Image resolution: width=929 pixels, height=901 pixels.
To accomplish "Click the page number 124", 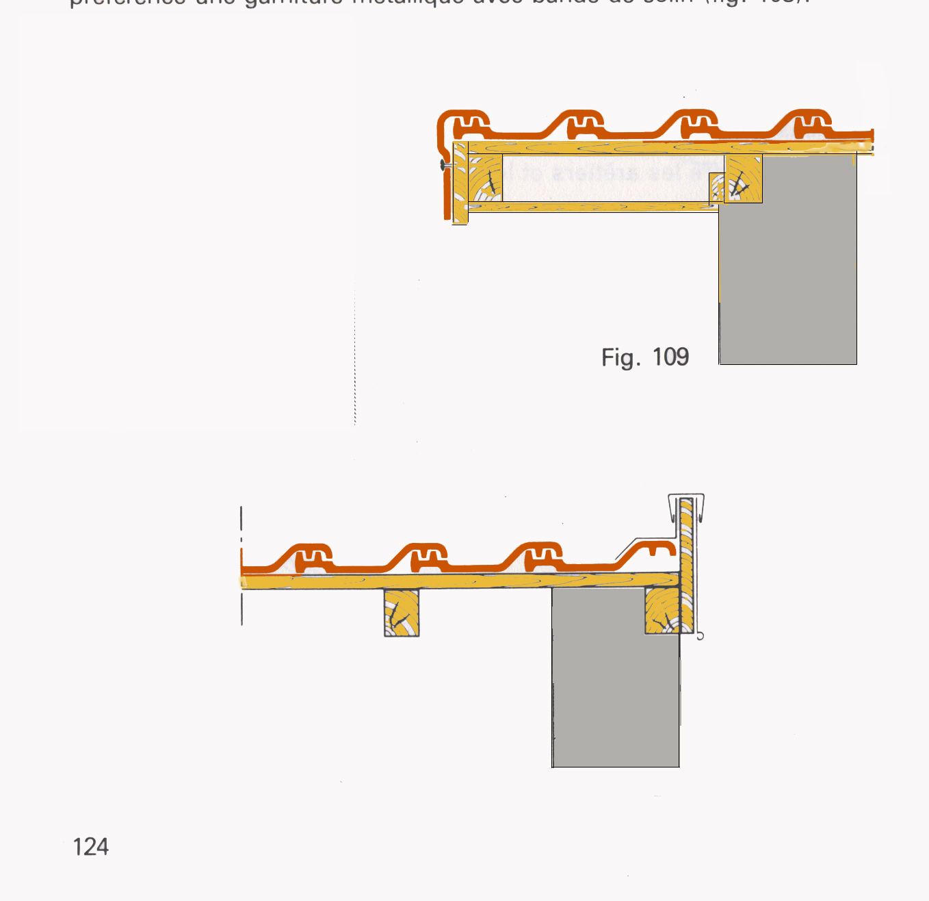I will click(90, 847).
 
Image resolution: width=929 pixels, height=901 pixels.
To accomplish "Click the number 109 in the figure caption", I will click(670, 357).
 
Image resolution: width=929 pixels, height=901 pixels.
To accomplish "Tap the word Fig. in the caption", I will click(620, 357).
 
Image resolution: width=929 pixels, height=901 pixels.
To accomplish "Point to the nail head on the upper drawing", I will click(443, 165).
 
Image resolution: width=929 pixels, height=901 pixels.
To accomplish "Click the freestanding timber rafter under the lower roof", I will click(402, 613).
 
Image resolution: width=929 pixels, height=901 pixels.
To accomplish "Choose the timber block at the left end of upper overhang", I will click(485, 179).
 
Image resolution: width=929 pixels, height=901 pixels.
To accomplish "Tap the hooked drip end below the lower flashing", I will click(699, 635).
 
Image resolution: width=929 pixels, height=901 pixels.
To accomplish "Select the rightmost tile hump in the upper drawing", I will click(808, 122).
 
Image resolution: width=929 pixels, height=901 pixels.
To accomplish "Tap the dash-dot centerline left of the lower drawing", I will click(241, 565).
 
